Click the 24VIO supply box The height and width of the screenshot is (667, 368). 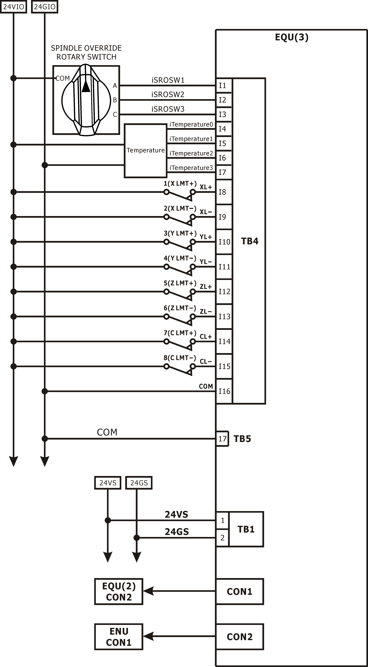pos(13,7)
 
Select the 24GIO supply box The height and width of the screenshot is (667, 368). pos(45,7)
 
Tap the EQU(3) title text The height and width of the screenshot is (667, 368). pos(292,37)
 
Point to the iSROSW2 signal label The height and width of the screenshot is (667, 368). pos(168,94)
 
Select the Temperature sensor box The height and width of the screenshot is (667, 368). pos(145,151)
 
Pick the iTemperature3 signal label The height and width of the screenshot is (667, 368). pos(191,168)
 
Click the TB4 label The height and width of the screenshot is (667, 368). pos(250,241)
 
